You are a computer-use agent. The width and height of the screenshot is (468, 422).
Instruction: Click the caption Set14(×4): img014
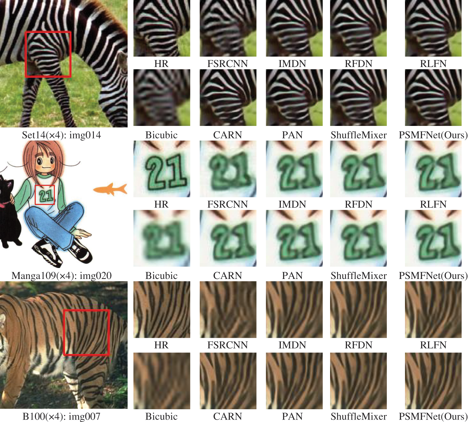point(61,135)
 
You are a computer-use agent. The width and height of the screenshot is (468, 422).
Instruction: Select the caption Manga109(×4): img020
point(61,276)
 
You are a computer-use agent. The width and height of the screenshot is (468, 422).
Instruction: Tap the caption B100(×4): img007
point(61,416)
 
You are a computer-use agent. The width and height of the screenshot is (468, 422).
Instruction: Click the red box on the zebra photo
point(48,54)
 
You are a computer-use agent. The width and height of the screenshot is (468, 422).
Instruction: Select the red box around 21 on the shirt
point(45,195)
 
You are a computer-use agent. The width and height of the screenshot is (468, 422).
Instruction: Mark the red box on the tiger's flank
point(86,332)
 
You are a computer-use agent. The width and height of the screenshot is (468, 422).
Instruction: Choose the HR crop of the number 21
point(162,169)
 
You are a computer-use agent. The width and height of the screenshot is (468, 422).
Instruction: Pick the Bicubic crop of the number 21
point(162,238)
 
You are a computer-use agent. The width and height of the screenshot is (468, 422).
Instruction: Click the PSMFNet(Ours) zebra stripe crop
point(433,98)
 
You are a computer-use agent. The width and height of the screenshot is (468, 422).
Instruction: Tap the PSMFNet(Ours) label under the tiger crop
point(433,416)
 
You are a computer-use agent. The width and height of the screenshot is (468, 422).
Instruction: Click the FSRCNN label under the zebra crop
point(227,64)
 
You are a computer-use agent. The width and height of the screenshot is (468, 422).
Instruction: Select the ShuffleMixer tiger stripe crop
point(358,381)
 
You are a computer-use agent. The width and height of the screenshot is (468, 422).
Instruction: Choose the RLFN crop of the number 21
point(433,169)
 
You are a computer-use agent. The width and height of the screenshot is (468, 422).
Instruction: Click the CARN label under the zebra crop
point(227,135)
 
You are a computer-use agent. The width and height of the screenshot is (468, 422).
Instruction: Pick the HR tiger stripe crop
point(162,309)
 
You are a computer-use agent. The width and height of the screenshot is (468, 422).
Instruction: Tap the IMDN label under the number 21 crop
point(292,204)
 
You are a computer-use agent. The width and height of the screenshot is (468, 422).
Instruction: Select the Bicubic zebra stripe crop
point(162,98)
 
